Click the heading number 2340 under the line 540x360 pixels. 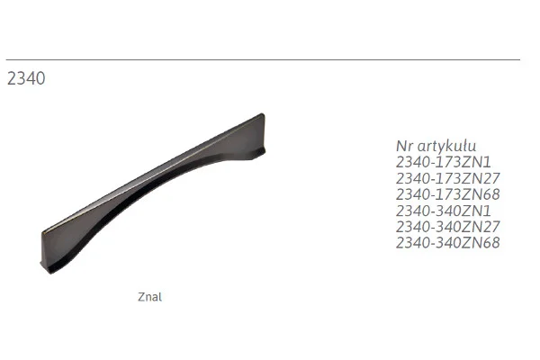26,78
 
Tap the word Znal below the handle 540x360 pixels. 149,297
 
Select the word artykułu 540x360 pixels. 447,147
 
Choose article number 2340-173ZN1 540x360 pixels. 444,162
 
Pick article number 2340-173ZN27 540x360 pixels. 447,178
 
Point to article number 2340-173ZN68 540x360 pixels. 447,194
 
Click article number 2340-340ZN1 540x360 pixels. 444,211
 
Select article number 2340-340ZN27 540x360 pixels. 447,227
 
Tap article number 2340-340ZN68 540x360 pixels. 447,243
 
